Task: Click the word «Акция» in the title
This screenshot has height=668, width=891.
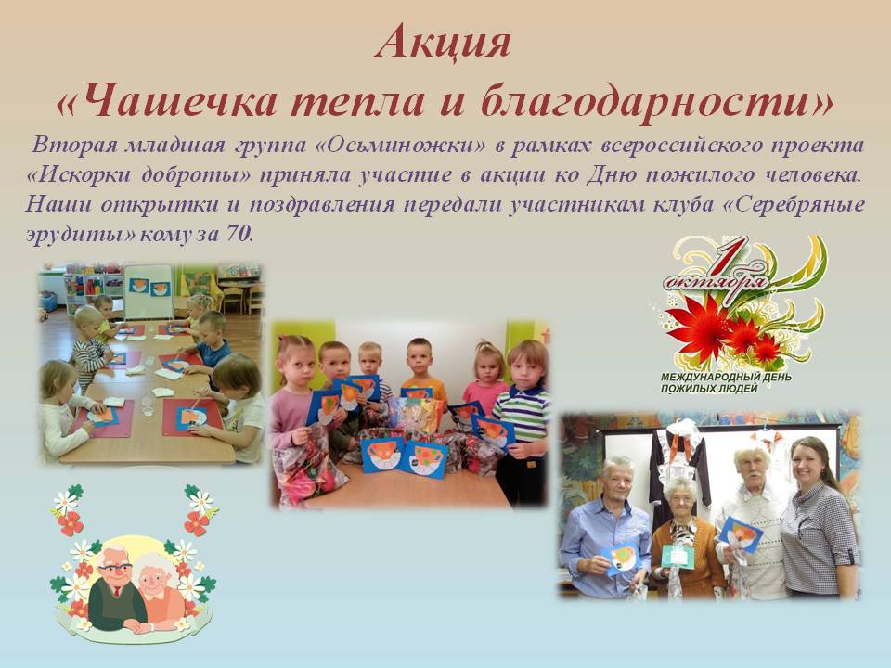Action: (444, 43)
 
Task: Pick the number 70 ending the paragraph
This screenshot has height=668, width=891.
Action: (239, 234)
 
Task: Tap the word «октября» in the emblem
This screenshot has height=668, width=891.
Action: (717, 282)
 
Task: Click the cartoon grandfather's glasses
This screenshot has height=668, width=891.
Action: (115, 569)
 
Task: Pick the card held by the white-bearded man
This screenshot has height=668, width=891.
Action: (741, 534)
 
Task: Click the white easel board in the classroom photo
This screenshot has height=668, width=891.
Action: (148, 290)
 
